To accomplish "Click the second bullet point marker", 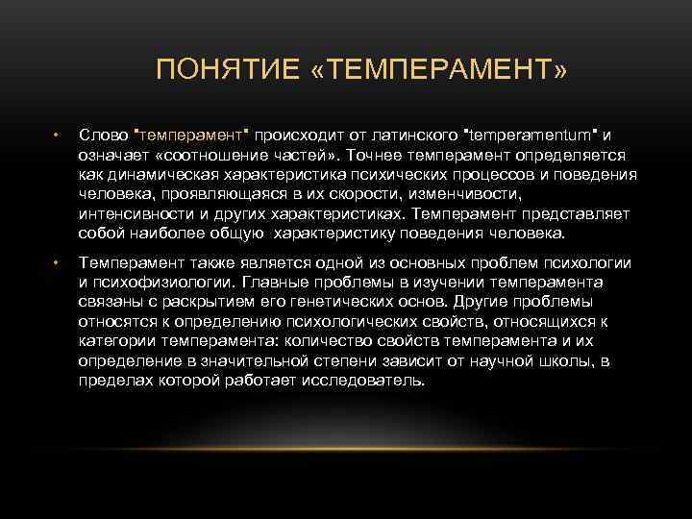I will (58, 261).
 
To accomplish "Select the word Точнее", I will (375, 155).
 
